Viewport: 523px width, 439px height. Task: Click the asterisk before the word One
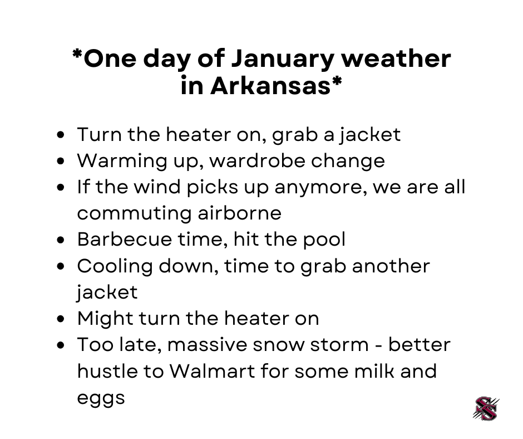point(77,56)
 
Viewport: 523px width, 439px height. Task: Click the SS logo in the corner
point(486,408)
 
